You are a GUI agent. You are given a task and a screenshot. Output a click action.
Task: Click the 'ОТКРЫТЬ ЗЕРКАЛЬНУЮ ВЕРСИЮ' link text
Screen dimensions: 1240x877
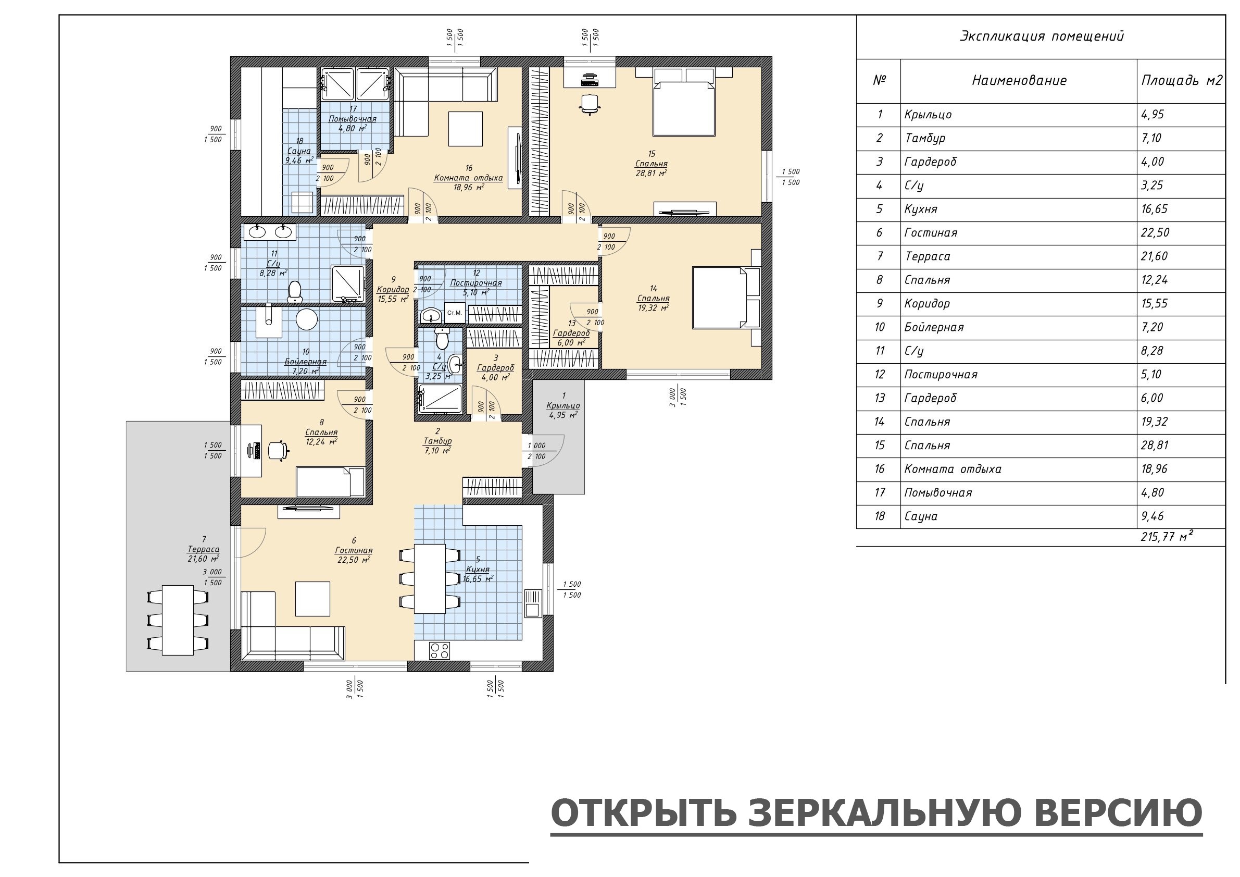tap(876, 813)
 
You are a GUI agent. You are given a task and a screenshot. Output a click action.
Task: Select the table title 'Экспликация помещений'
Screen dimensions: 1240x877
tap(1041, 36)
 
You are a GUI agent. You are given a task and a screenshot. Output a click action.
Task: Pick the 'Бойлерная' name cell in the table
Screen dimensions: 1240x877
tap(934, 327)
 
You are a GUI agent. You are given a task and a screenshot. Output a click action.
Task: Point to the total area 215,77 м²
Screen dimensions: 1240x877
tap(1167, 537)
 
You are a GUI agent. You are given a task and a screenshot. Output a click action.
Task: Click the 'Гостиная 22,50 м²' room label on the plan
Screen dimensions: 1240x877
tap(354, 550)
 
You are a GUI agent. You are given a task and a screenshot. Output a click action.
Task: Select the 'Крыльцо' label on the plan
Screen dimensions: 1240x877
tap(563, 405)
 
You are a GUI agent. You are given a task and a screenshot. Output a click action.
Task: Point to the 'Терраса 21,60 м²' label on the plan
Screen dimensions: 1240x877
tap(204, 549)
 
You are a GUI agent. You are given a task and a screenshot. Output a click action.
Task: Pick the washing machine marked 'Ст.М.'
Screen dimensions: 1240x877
tap(454, 313)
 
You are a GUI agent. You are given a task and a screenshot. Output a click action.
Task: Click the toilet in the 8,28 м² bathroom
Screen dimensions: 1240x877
tap(294, 291)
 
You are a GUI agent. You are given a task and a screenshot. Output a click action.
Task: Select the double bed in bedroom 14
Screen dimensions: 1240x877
tap(727, 297)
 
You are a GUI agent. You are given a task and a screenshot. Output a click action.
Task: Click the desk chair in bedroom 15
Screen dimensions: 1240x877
tap(590, 104)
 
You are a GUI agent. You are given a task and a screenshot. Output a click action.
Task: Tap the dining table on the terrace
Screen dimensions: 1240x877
tap(178, 619)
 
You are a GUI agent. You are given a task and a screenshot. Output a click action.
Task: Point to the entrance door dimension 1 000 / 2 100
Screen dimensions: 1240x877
tap(536, 451)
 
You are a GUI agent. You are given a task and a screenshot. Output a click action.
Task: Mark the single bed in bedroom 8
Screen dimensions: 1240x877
tap(330, 482)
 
